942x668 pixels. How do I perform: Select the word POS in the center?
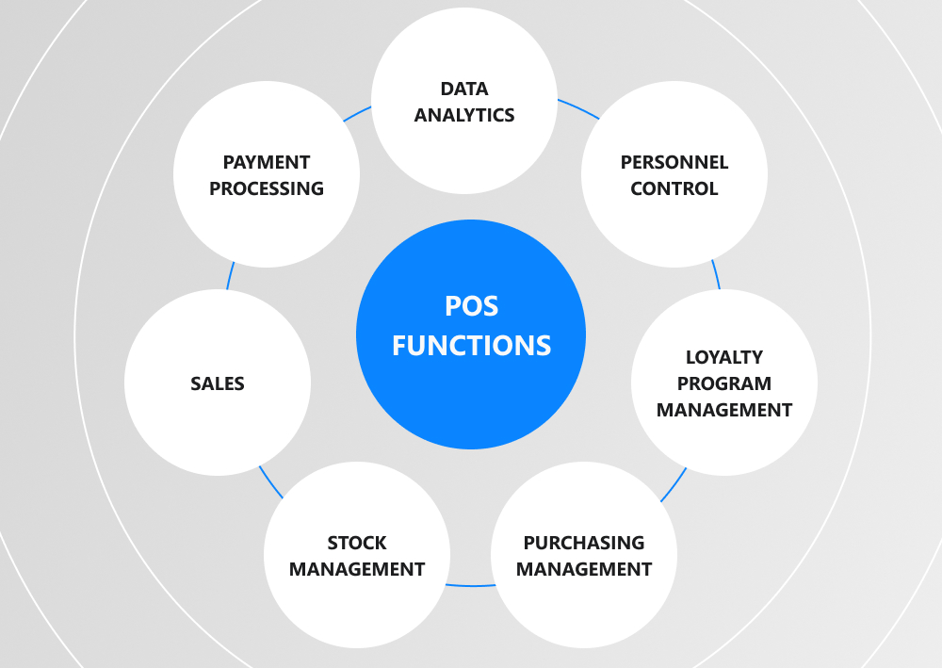pos(471,306)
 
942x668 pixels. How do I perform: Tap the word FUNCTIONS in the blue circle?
pos(471,345)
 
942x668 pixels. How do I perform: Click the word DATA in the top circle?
pos(464,90)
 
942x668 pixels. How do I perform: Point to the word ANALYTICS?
pos(464,116)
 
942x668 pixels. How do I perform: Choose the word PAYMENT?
pos(267,162)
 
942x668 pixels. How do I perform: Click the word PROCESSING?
pos(267,188)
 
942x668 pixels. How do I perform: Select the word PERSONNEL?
pos(674,162)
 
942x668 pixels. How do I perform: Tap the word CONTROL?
pos(674,188)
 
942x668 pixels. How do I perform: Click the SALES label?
pos(218,383)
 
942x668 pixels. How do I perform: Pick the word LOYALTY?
pos(724,357)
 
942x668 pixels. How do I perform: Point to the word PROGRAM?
pos(724,383)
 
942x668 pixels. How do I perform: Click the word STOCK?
pos(357,543)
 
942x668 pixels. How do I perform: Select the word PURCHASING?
pos(584,543)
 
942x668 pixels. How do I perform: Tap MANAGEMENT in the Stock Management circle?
pos(357,569)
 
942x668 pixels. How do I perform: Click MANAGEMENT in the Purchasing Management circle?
pos(584,569)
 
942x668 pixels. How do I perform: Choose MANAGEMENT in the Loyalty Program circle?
pos(724,410)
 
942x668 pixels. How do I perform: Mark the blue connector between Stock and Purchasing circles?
pos(471,585)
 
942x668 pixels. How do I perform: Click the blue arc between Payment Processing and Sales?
pos(229,277)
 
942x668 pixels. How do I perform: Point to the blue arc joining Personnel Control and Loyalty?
pos(716,275)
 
